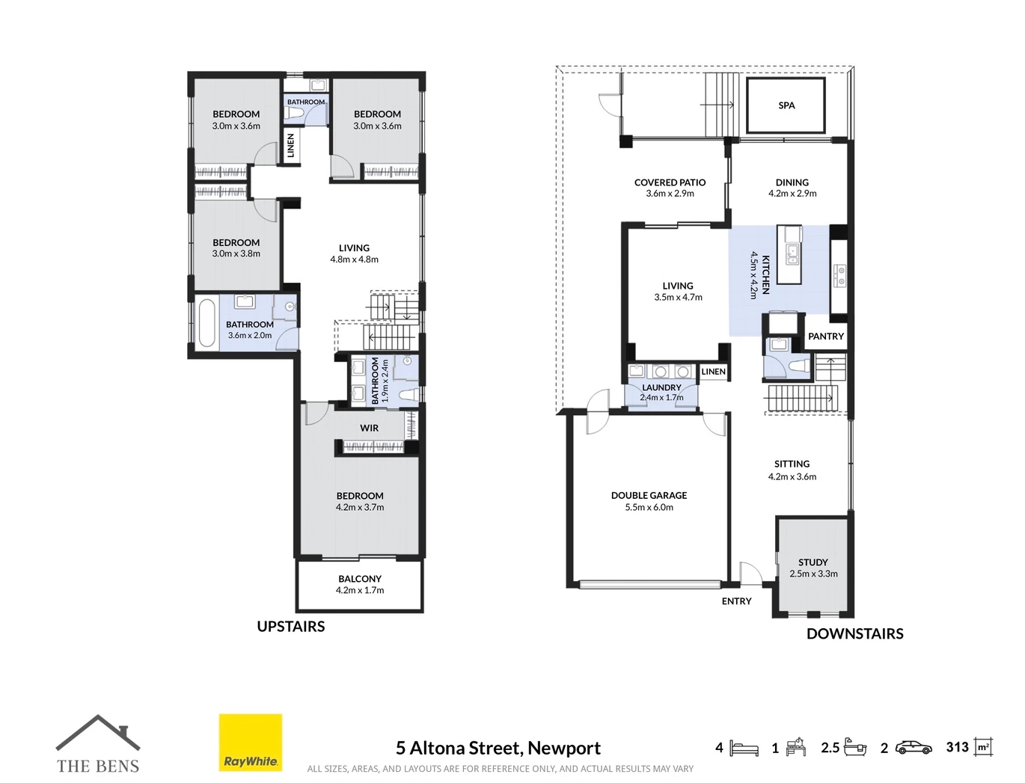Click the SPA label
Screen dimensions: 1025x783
coord(786,105)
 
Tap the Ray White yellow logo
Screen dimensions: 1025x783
coord(251,743)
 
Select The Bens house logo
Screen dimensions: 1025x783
coord(98,744)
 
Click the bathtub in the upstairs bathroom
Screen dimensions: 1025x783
coord(206,323)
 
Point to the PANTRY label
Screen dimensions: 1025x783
coord(825,337)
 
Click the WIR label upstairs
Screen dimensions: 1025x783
coord(370,428)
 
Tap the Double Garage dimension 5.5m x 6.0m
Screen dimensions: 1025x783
coord(649,507)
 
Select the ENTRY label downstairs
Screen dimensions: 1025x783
coord(736,601)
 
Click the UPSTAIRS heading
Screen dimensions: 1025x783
coord(291,626)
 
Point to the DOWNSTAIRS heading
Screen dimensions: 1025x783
coord(855,633)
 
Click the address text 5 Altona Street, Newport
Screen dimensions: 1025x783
coord(498,748)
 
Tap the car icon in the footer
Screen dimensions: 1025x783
coord(914,748)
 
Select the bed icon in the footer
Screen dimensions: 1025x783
coord(744,748)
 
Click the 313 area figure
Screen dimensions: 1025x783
coord(957,747)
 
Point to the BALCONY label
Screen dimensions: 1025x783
coord(360,579)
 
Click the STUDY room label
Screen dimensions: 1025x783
coord(813,562)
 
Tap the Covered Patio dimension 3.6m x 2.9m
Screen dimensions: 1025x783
coord(670,194)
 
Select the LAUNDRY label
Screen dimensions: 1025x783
coord(661,387)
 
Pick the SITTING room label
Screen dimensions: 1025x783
coord(792,464)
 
